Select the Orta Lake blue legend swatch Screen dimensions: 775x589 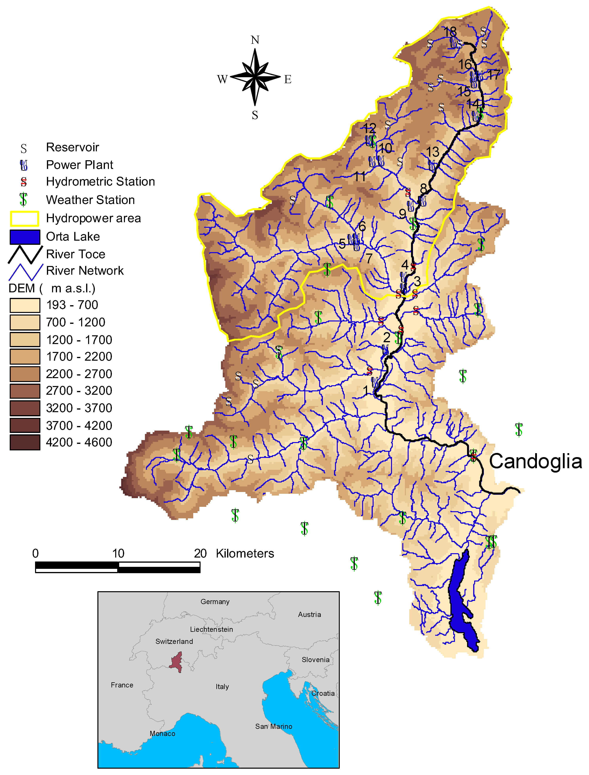click(25, 237)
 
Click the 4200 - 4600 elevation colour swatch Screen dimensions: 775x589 click(25, 442)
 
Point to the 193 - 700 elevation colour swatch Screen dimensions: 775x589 click(25, 305)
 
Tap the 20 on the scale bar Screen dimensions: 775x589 click(200, 553)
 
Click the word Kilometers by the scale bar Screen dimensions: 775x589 click(245, 553)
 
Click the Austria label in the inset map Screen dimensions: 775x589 click(309, 614)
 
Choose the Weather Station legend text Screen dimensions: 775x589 click(90, 200)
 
